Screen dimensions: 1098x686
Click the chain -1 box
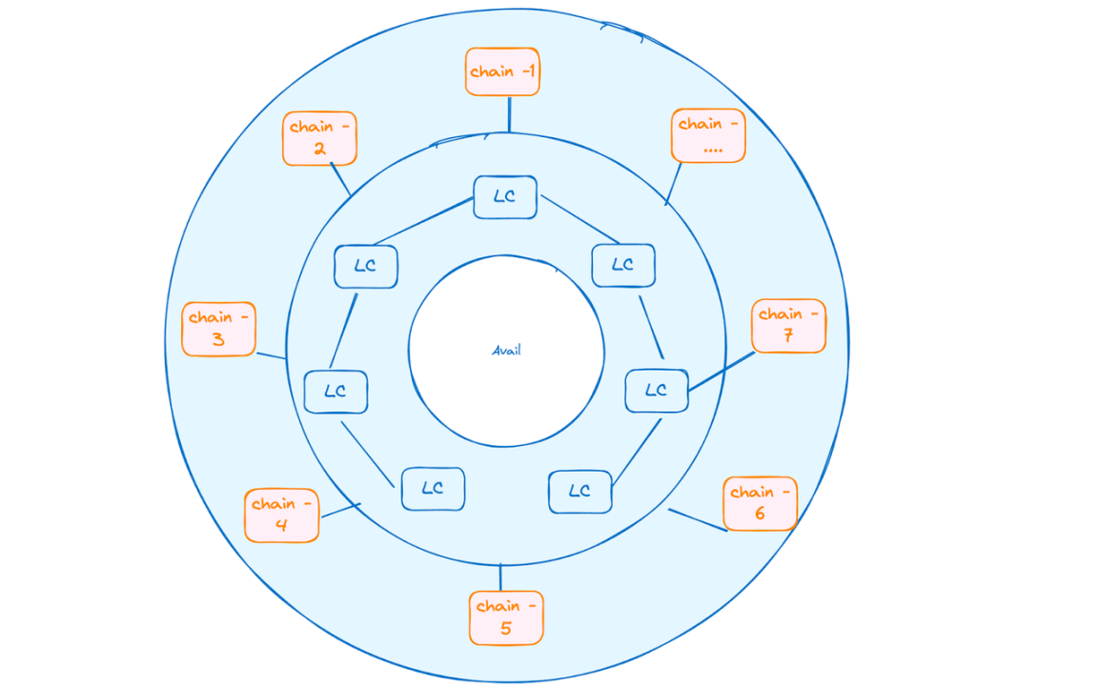tap(503, 71)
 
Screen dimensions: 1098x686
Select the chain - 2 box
tap(320, 138)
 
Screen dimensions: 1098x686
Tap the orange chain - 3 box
tap(218, 329)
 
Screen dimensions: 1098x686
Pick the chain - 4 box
tap(282, 515)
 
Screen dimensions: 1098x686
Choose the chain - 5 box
tap(506, 618)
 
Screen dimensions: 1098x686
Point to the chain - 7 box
tap(789, 326)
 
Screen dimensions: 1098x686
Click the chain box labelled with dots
tap(709, 136)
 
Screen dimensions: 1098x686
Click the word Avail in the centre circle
tap(506, 350)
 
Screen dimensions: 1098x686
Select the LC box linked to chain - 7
tap(657, 391)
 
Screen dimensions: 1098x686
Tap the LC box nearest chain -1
tap(505, 197)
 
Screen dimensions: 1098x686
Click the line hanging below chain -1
tap(509, 114)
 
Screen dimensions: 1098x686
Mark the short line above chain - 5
tap(500, 577)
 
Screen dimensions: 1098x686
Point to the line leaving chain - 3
tap(271, 355)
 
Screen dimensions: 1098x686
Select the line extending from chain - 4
tap(340, 511)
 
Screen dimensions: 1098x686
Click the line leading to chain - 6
tap(698, 520)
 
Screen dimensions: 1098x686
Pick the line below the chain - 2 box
tap(340, 179)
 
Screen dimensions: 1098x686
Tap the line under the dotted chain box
tap(673, 184)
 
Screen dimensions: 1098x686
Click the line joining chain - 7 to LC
tap(722, 372)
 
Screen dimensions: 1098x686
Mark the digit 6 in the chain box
tap(760, 514)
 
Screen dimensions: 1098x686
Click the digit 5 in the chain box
tap(505, 628)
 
